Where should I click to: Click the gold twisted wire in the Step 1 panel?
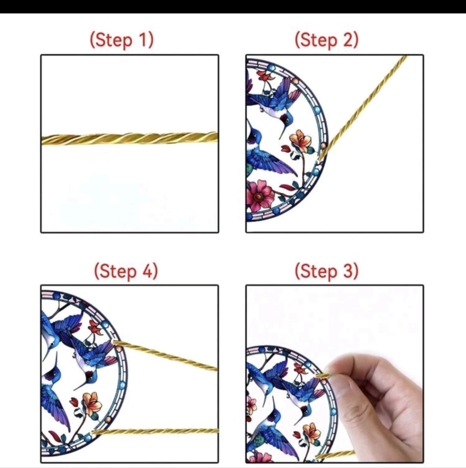coord(129,139)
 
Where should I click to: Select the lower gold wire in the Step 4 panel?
coord(155,431)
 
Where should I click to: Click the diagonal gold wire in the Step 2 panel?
coord(363,108)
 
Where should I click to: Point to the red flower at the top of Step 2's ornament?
coord(265,76)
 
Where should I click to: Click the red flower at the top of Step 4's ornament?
coord(95,327)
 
